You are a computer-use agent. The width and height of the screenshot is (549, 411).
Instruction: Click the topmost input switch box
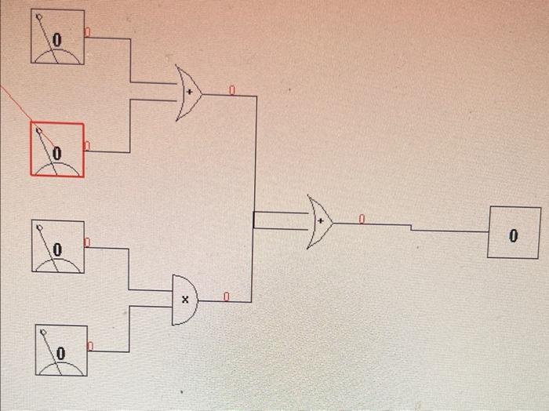(58, 37)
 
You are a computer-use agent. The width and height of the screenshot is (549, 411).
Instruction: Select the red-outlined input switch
(57, 149)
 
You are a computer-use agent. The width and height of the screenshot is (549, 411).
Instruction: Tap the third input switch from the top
(58, 247)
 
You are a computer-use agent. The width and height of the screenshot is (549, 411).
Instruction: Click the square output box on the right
(514, 232)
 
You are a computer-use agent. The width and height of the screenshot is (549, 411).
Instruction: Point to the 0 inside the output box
(514, 234)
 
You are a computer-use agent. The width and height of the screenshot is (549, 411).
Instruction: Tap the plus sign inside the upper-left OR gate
(188, 93)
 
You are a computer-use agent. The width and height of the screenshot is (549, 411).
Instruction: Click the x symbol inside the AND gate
(185, 300)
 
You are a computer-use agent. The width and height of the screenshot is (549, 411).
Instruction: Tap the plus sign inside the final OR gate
(319, 221)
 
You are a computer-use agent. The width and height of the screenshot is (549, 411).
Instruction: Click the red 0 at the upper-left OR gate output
(231, 90)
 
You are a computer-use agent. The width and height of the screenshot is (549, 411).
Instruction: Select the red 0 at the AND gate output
(226, 296)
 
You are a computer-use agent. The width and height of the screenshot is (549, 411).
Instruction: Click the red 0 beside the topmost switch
(87, 32)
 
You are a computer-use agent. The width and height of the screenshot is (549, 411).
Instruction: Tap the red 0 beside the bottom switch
(90, 346)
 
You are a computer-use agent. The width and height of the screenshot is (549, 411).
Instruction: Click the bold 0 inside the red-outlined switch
(56, 151)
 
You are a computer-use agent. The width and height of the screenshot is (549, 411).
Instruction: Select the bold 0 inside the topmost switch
(56, 38)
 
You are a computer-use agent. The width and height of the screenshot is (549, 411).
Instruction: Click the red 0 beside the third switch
(87, 243)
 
